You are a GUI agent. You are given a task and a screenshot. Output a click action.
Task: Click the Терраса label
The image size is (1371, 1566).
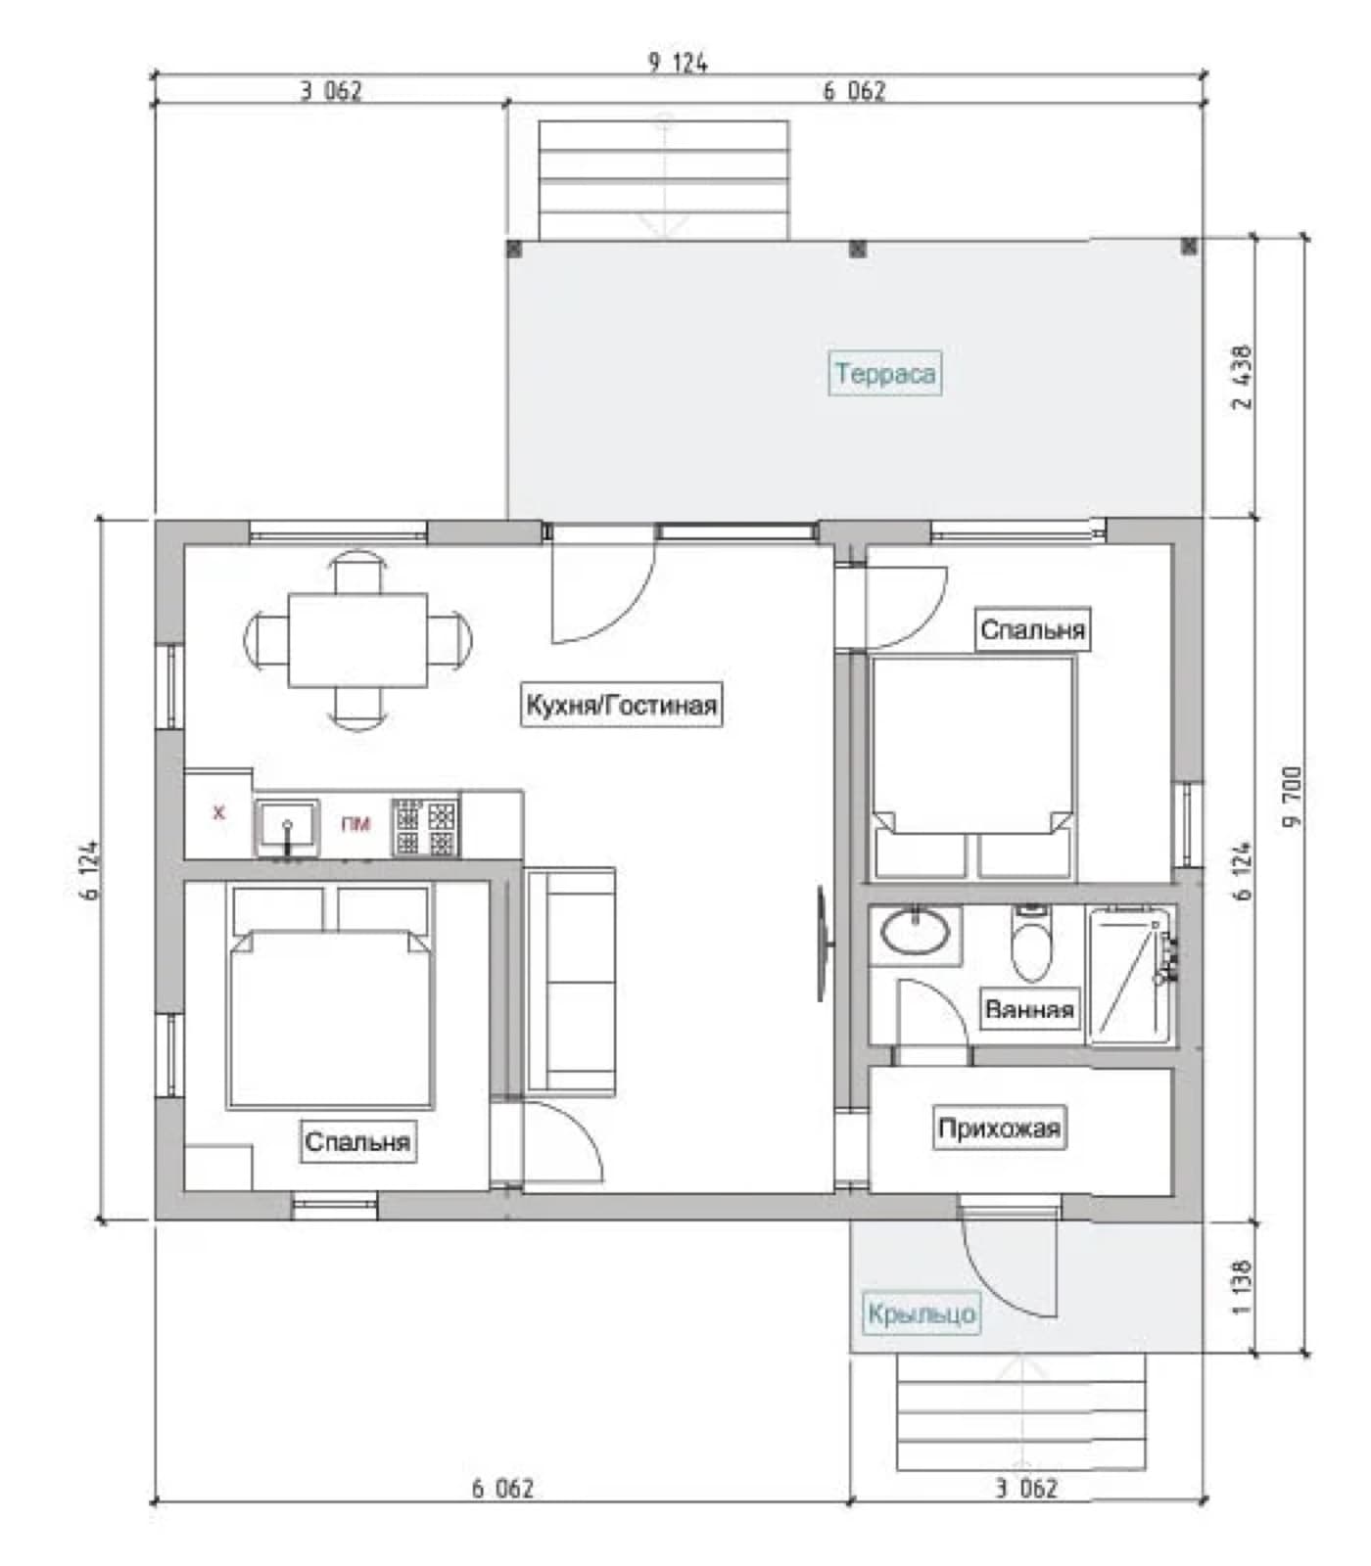(x=885, y=373)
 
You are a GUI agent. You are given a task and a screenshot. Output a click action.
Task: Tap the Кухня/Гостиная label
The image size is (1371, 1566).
(x=621, y=705)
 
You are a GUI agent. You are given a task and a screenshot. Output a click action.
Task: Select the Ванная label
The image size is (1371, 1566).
(x=1029, y=1009)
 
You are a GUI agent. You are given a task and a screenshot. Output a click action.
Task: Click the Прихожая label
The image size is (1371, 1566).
(x=999, y=1128)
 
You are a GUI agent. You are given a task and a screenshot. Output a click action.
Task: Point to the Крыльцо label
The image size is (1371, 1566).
(x=922, y=1313)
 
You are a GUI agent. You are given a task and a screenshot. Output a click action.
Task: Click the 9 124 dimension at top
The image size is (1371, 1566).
(x=678, y=63)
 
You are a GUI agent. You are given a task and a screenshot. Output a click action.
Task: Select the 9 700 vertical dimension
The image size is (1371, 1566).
(x=1293, y=796)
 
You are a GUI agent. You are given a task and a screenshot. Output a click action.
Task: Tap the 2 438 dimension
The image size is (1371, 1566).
(x=1242, y=377)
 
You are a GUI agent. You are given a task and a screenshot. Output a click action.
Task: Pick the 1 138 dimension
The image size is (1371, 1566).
(x=1242, y=1287)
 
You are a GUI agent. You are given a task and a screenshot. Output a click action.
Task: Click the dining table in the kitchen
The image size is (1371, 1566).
(x=357, y=640)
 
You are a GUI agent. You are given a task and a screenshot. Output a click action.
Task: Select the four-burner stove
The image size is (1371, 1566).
(x=426, y=828)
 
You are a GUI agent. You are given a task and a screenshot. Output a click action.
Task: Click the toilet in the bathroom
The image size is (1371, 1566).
(x=1030, y=944)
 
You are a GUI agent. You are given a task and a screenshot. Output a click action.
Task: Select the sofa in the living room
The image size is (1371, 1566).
(x=571, y=982)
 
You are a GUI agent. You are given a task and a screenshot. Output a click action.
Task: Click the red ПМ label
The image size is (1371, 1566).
(x=355, y=824)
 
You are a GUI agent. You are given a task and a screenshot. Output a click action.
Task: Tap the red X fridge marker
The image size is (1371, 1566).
(x=218, y=812)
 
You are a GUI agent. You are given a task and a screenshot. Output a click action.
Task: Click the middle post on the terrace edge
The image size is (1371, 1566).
(x=857, y=249)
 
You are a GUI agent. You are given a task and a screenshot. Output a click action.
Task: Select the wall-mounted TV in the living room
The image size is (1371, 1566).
(x=824, y=944)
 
